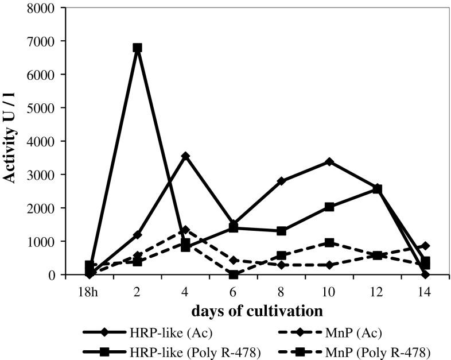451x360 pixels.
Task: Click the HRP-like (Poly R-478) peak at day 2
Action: point(137,48)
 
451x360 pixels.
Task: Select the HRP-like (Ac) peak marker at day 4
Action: point(185,156)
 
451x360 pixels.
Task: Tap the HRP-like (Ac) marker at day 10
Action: point(281,162)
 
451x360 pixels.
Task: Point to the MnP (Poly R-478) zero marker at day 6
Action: point(233,274)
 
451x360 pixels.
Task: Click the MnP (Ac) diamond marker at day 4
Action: point(185,230)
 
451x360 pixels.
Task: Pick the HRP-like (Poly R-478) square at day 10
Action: point(281,207)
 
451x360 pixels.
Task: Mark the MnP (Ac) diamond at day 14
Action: point(425,246)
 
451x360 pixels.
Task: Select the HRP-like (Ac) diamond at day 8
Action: point(233,181)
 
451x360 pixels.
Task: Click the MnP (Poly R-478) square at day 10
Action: point(281,242)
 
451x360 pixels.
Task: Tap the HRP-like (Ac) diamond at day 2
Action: point(137,235)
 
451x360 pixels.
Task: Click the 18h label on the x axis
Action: point(90,291)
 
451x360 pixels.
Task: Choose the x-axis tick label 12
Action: point(376,291)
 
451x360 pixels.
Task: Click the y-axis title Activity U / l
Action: point(10,141)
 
